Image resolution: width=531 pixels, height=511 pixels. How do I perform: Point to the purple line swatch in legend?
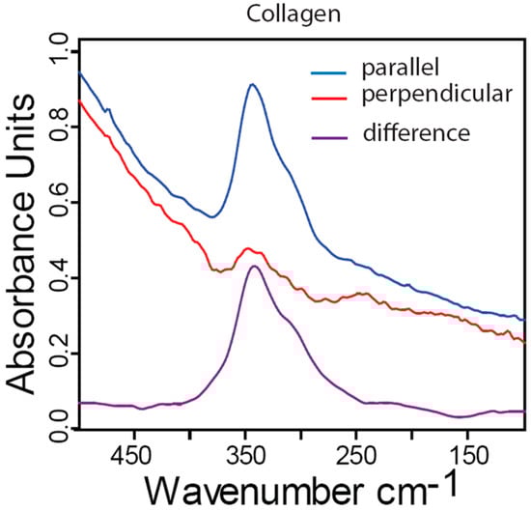tap(327, 135)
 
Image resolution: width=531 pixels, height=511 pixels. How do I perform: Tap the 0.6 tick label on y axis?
tap(60, 204)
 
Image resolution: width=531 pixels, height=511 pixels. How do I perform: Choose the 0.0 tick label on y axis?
tap(60, 421)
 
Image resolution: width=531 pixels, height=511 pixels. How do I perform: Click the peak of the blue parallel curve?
tap(252, 85)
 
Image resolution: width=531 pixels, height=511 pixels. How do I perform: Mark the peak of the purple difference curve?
tap(254, 266)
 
